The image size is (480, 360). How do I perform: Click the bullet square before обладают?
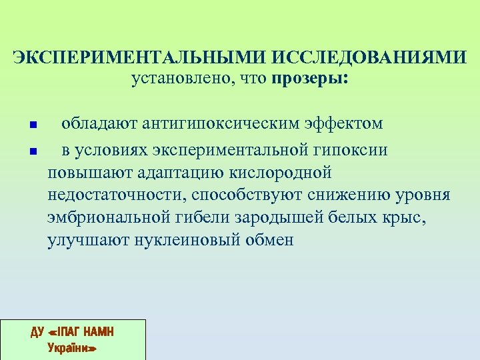point(32,125)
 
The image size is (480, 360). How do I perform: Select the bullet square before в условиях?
point(32,151)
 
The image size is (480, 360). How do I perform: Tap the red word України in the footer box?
point(72,347)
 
